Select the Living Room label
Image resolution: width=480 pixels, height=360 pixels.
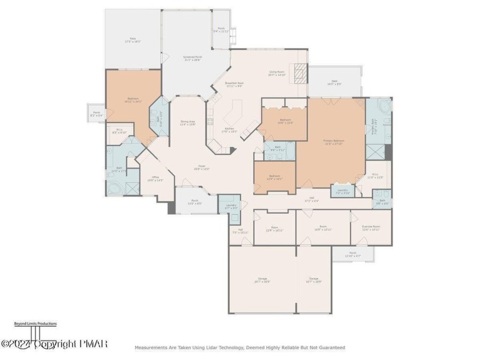coord(277,74)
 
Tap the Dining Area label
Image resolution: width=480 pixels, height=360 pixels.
coord(188,122)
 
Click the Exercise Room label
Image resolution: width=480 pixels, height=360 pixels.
coord(371,227)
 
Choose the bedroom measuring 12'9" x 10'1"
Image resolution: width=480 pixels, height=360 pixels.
coord(275,177)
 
